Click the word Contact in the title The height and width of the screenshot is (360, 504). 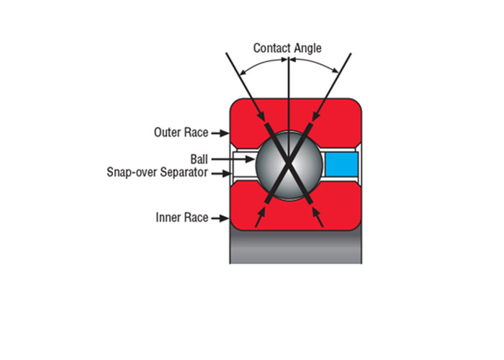(x=272, y=48)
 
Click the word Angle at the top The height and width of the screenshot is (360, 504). (x=308, y=48)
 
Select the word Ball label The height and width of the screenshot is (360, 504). (x=199, y=159)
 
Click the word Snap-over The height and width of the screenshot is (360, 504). (x=132, y=172)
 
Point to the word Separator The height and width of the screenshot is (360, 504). (x=184, y=172)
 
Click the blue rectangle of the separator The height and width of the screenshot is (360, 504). (x=341, y=164)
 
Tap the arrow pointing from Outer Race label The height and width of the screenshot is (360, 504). (x=220, y=132)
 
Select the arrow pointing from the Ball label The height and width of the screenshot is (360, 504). (x=233, y=159)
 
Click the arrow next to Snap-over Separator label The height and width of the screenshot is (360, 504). (x=222, y=174)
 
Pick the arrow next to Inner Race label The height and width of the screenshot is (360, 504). (x=220, y=218)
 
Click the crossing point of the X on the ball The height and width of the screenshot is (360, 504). (x=289, y=163)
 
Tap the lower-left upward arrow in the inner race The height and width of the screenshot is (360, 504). (x=261, y=217)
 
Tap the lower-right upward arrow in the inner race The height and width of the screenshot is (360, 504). (x=318, y=217)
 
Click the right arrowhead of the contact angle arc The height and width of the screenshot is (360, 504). (x=335, y=70)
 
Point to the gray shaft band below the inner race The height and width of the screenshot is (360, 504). (x=296, y=248)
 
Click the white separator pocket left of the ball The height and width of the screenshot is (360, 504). (x=245, y=164)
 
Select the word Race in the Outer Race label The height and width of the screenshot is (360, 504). (x=197, y=132)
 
